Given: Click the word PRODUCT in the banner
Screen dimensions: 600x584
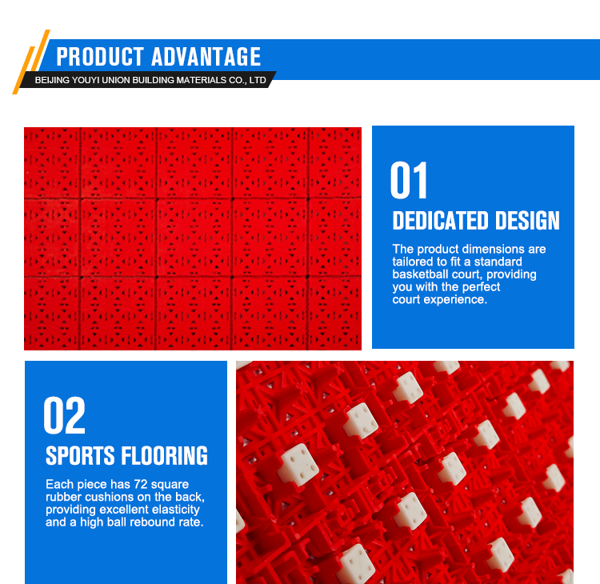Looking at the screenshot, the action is [100, 57].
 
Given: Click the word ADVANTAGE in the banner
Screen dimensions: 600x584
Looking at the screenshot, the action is [206, 57].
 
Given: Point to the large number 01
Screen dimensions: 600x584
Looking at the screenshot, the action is [408, 180].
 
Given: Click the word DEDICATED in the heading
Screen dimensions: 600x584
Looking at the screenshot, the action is [441, 221].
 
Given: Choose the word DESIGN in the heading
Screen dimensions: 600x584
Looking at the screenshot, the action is [527, 221].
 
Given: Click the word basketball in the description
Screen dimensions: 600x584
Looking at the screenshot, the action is [420, 274].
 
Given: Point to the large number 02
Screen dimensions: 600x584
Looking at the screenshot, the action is [64, 415].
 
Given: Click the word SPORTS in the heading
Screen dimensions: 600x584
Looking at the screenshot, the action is [80, 455].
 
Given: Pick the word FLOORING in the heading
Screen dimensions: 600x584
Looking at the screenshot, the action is [165, 455].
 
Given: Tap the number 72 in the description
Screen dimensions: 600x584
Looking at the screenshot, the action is [141, 485].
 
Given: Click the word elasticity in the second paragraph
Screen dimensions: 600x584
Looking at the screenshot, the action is [176, 510].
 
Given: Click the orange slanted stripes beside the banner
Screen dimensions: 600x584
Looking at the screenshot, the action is [31, 62].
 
